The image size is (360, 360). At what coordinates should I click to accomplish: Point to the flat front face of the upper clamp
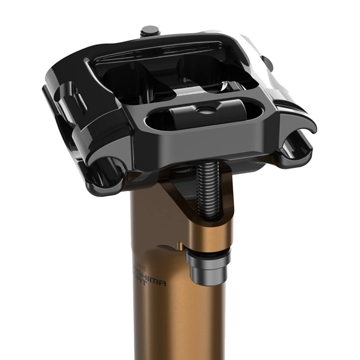[202, 144]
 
